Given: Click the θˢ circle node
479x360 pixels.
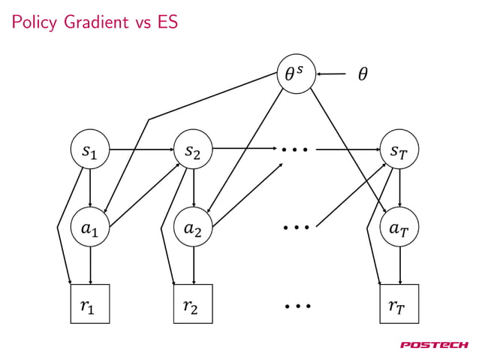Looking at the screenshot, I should pyautogui.click(x=297, y=74).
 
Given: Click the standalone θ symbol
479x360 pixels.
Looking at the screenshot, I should pyautogui.click(x=363, y=74).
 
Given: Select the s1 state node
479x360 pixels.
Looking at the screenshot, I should pyautogui.click(x=90, y=150).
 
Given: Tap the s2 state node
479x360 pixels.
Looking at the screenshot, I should pyautogui.click(x=194, y=150).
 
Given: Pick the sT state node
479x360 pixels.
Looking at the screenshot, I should pyautogui.click(x=400, y=150).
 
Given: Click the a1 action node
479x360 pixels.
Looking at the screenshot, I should pyautogui.click(x=90, y=227).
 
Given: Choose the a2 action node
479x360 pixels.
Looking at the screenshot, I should pyautogui.click(x=194, y=227).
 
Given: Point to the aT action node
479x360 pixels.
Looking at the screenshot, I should pyautogui.click(x=400, y=227).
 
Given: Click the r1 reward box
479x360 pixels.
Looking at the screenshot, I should pyautogui.click(x=90, y=304).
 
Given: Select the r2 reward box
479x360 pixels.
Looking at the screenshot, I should pyautogui.click(x=194, y=304).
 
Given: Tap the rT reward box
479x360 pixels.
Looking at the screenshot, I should pyautogui.click(x=400, y=304).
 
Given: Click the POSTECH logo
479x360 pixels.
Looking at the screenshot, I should pyautogui.click(x=433, y=345).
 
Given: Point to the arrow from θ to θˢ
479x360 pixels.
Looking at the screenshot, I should pyautogui.click(x=331, y=74).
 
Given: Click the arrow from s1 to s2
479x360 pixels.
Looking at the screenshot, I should pyautogui.click(x=142, y=150).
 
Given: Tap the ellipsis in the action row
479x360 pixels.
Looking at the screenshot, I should pyautogui.click(x=297, y=225).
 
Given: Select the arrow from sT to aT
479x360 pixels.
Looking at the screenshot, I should pyautogui.click(x=400, y=189).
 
